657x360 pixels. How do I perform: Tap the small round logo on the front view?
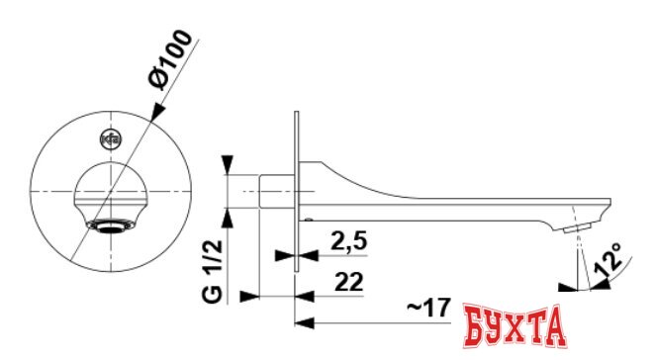110,139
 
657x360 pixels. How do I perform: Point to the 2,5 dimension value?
343,241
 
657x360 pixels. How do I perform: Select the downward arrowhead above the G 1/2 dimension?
230,165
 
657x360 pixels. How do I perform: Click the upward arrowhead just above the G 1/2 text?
230,215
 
